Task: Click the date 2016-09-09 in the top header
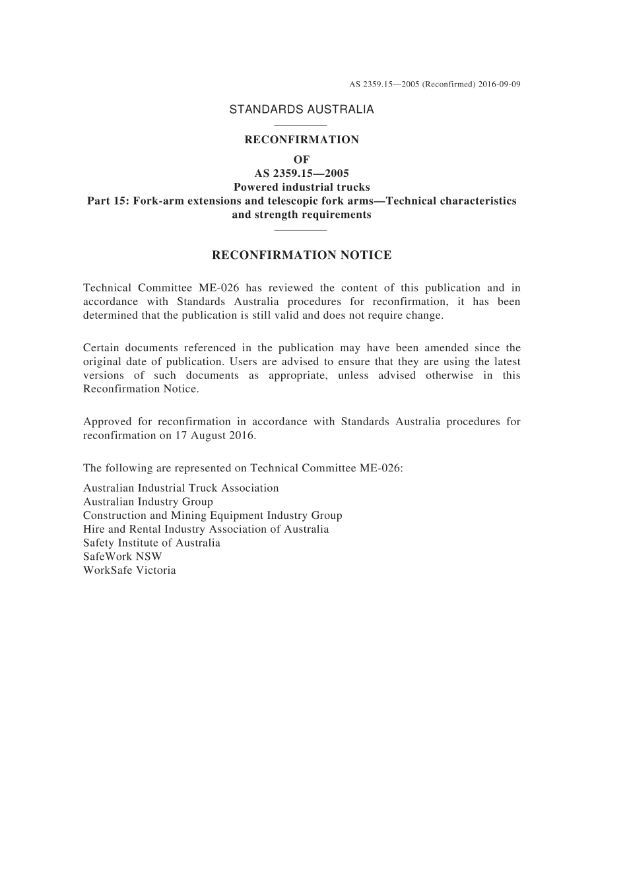[500, 85]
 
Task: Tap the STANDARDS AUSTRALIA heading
[302, 110]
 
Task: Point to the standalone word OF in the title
[302, 159]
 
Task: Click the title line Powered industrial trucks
[302, 187]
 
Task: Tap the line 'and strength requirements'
[302, 215]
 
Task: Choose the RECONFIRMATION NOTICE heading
[302, 255]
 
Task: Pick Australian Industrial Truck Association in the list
[181, 488]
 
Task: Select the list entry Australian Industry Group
[148, 502]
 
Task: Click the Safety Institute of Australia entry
[152, 543]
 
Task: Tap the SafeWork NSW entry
[122, 557]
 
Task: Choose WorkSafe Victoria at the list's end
[129, 570]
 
